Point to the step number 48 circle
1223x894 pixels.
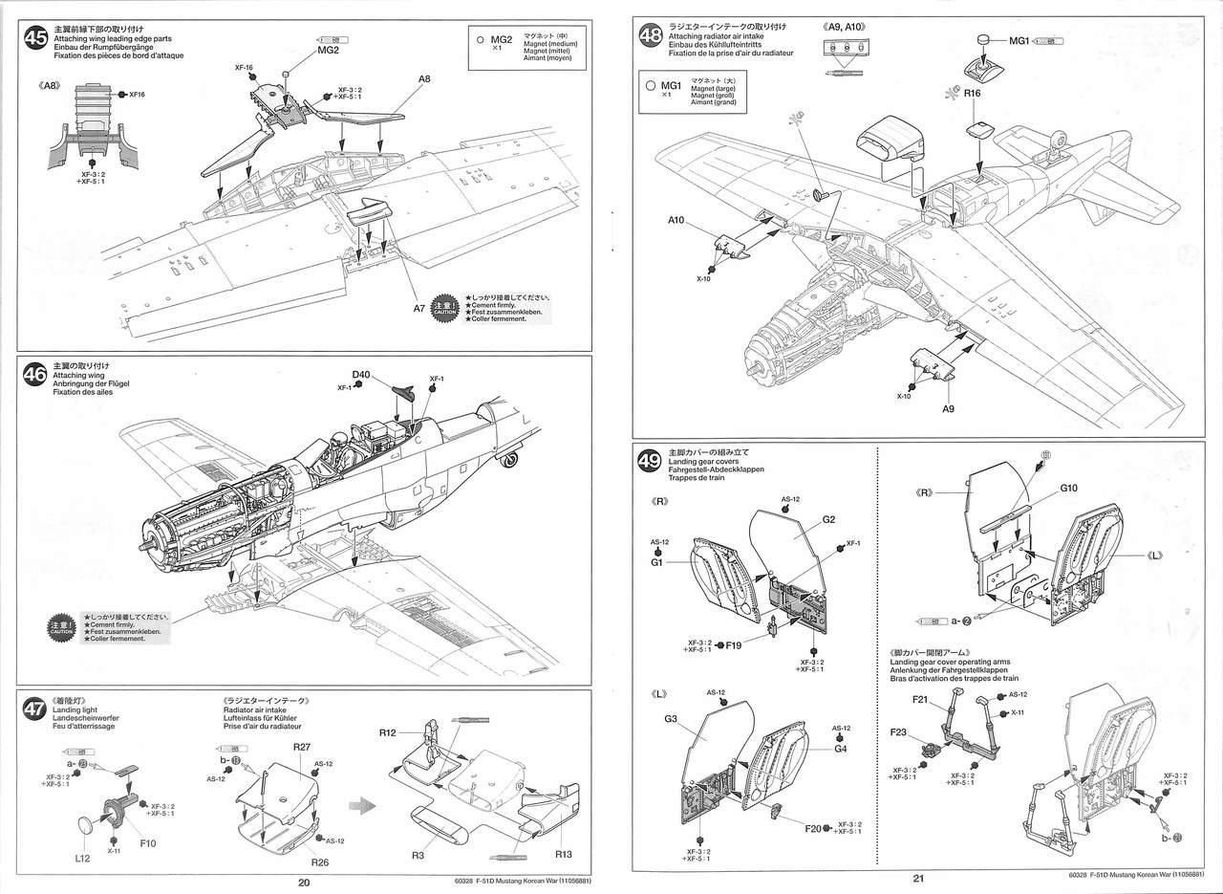651,36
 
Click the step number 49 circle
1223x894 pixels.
651,462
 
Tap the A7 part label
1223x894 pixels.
418,308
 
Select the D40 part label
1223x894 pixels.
360,374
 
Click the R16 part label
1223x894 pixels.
973,94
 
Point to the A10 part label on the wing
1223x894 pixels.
677,219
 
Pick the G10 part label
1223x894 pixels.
1068,489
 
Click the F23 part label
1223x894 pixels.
898,732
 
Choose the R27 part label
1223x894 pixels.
301,746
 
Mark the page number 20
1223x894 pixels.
303,883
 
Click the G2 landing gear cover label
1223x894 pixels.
828,519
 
